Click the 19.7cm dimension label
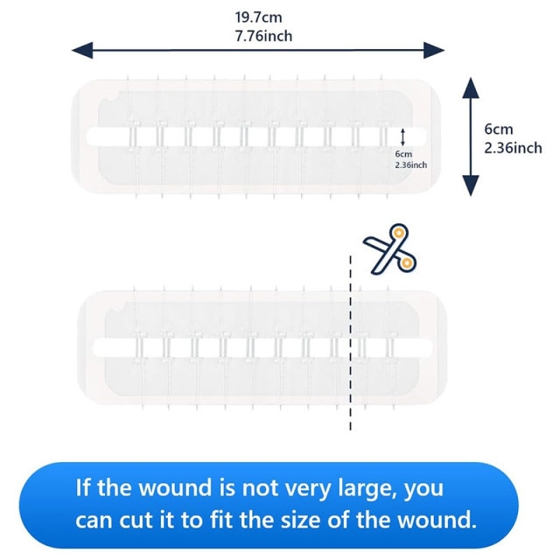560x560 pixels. click(x=258, y=17)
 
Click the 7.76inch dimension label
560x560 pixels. click(x=263, y=36)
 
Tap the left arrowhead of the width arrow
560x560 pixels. click(x=82, y=50)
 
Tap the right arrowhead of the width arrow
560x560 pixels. click(x=434, y=50)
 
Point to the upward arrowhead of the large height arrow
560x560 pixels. click(x=471, y=87)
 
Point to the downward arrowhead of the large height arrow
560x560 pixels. click(x=471, y=185)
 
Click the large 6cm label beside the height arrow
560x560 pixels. click(x=499, y=129)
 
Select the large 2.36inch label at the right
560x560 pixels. click(x=513, y=148)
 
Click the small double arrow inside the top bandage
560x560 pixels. click(x=402, y=137)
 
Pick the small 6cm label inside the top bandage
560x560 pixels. click(x=403, y=154)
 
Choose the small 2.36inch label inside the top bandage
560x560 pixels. click(x=410, y=165)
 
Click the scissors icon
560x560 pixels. click(x=390, y=249)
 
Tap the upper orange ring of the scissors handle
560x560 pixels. click(x=399, y=233)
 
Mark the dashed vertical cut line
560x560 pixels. click(x=350, y=343)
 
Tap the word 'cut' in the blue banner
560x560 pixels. click(x=136, y=521)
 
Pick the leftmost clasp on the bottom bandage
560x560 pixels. click(x=138, y=347)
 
